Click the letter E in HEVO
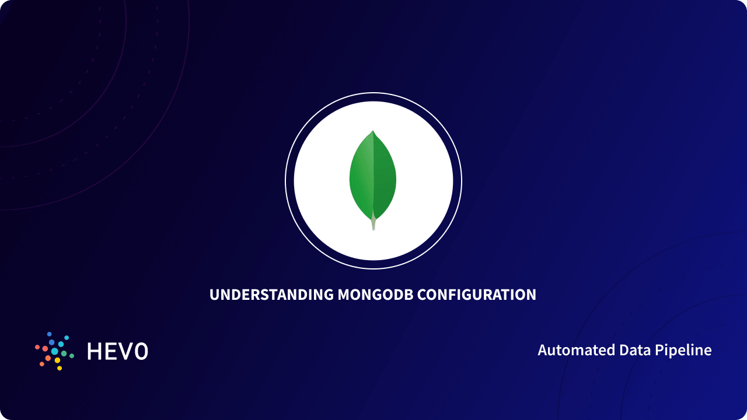(110, 351)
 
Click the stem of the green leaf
(373, 223)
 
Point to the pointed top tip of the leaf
(373, 132)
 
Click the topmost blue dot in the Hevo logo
(50, 334)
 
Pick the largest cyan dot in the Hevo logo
(55, 351)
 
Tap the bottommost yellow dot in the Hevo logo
(60, 368)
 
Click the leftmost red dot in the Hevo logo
(37, 347)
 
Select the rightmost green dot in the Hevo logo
(72, 355)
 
